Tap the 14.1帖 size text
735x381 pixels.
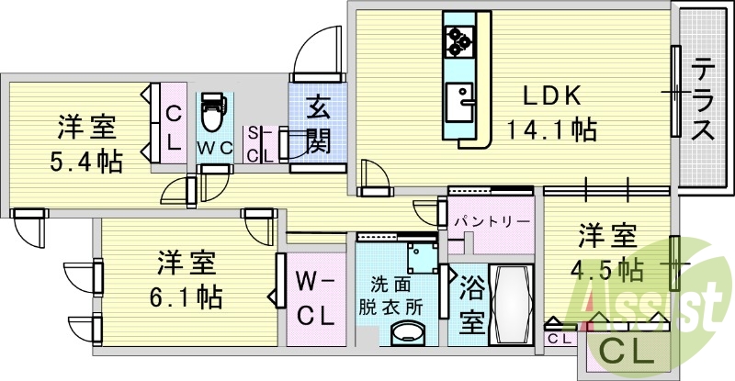point(551,129)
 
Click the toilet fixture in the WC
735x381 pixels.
point(212,111)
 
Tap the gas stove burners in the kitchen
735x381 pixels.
point(458,39)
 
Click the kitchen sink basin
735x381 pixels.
point(458,95)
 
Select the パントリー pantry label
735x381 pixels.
point(490,222)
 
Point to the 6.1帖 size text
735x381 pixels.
point(187,297)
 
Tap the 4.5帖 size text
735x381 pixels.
point(605,270)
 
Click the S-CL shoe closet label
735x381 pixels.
point(259,145)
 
